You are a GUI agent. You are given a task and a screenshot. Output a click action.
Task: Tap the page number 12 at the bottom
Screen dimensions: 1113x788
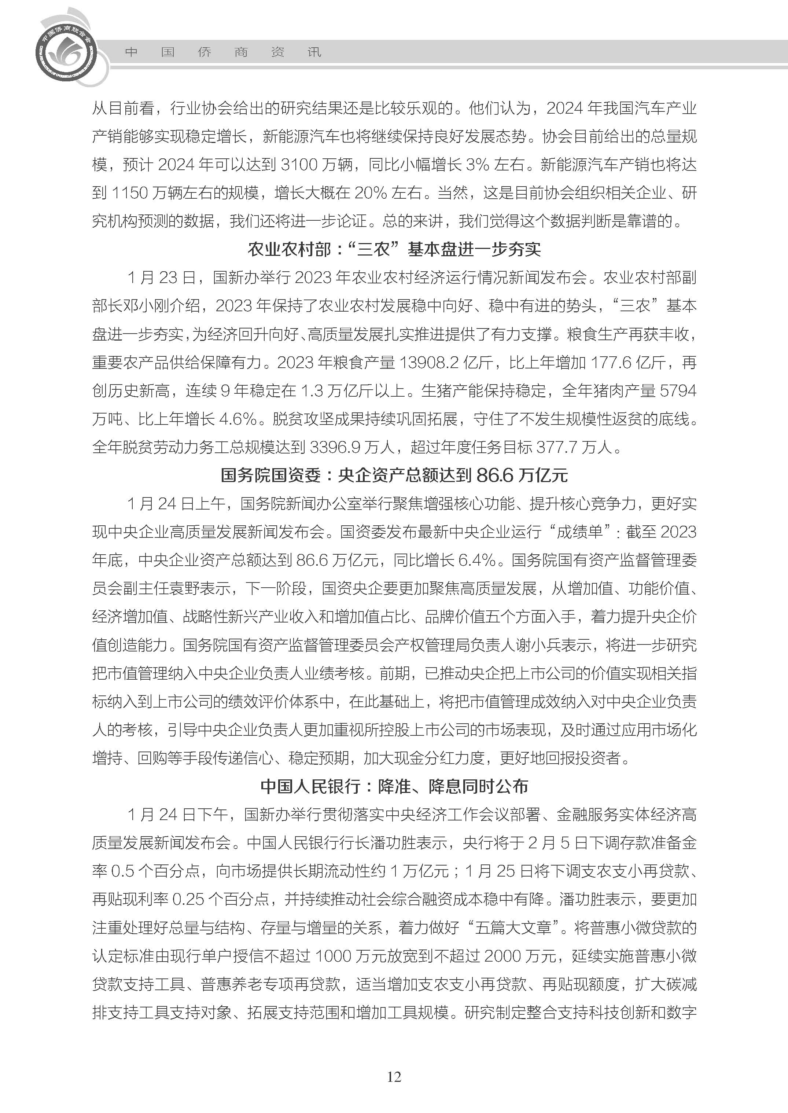[x=394, y=1077]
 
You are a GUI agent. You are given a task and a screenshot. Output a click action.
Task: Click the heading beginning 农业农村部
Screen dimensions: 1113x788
[x=394, y=250]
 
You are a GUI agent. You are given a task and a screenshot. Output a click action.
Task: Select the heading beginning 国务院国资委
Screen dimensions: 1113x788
[x=394, y=475]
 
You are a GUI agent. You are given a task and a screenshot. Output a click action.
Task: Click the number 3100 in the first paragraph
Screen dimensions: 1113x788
[x=299, y=165]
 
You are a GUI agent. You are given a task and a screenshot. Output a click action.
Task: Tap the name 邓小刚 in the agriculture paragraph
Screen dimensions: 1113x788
[x=146, y=306]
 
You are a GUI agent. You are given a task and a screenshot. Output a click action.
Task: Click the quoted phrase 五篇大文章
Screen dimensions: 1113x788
[x=514, y=927]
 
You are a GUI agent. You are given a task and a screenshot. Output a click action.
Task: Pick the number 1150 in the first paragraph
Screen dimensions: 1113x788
[x=129, y=193]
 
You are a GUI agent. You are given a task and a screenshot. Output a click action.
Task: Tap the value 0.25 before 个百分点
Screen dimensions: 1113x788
[x=188, y=899]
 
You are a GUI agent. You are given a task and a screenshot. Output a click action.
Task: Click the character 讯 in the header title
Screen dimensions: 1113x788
[x=314, y=52]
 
